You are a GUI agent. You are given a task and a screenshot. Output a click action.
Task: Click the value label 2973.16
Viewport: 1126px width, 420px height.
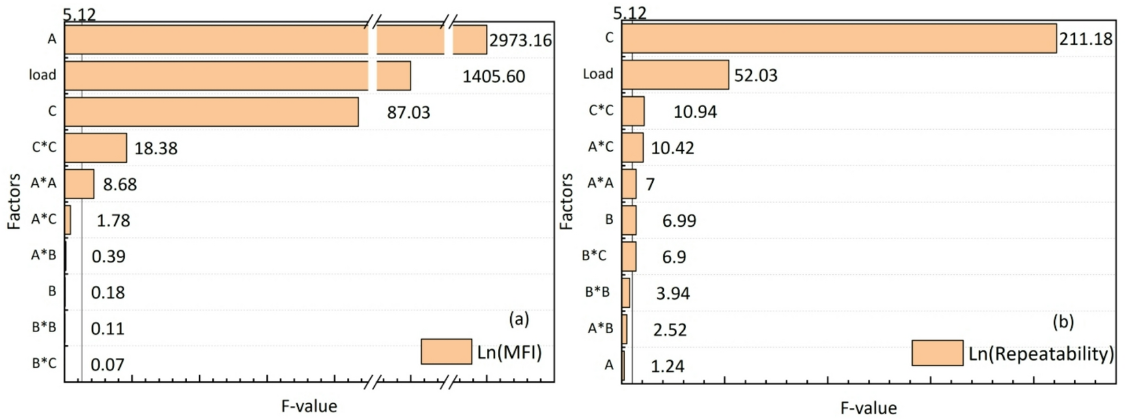click(520, 40)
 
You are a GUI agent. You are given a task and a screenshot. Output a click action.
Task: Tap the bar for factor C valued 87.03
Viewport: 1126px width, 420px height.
click(211, 112)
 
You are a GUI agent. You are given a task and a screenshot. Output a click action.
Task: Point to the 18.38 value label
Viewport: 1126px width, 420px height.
click(155, 148)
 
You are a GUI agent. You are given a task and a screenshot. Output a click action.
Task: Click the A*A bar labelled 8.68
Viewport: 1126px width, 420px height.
click(79, 184)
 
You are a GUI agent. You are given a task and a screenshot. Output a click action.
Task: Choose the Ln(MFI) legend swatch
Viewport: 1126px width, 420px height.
click(446, 352)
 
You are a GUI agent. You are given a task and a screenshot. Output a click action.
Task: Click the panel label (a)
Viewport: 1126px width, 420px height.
click(519, 319)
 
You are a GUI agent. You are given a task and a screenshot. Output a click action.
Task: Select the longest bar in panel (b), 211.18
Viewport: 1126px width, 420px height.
click(839, 39)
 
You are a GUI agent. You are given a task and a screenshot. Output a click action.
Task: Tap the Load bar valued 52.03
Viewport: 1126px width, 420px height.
click(675, 75)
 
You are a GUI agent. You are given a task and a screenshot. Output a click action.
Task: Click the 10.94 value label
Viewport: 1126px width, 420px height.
click(695, 112)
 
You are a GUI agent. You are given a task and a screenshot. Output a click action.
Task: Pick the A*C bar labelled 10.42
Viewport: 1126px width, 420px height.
click(633, 148)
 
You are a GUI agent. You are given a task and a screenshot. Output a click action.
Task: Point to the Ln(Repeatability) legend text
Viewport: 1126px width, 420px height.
click(1041, 354)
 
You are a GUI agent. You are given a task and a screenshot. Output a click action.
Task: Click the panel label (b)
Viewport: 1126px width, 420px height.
click(1063, 322)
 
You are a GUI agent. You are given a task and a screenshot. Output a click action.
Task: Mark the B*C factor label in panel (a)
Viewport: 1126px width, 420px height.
click(44, 363)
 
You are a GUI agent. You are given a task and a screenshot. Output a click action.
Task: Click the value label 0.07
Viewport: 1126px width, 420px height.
click(107, 365)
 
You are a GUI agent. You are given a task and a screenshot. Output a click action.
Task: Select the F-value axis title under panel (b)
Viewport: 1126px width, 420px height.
click(868, 408)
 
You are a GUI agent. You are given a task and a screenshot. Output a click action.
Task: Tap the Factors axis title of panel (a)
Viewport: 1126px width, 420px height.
click(14, 201)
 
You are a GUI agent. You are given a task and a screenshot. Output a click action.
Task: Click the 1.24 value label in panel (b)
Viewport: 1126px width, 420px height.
click(667, 366)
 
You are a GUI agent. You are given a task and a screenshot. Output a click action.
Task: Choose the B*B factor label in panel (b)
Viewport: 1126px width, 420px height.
click(597, 292)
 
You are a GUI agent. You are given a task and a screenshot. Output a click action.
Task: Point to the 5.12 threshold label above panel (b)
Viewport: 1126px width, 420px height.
click(629, 13)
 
